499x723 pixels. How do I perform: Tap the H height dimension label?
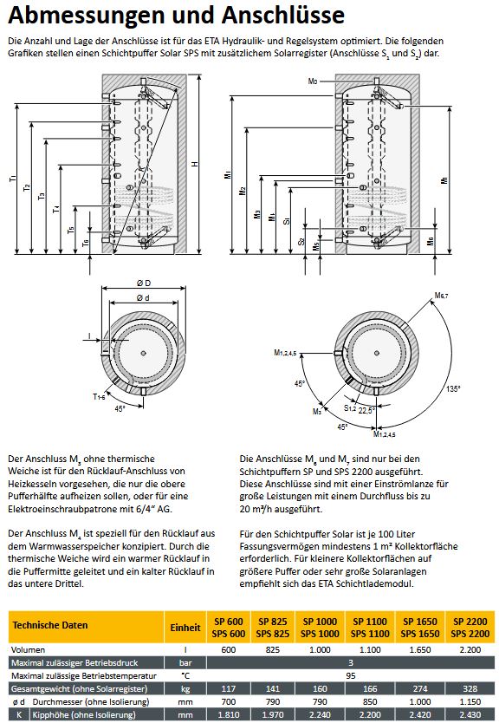(x=195, y=165)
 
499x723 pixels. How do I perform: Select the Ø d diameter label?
(x=140, y=297)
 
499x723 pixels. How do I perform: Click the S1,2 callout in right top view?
(x=349, y=407)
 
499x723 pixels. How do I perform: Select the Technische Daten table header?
(x=50, y=625)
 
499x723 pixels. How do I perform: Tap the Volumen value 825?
(x=275, y=648)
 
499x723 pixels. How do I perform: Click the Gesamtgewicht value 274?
(x=422, y=687)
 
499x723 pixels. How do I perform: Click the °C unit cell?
(x=185, y=674)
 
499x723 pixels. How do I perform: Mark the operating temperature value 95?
(x=350, y=674)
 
